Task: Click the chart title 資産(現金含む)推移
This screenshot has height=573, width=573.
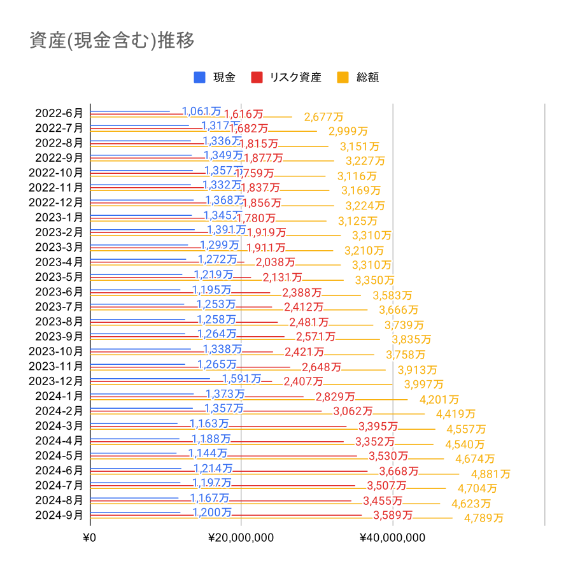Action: [112, 40]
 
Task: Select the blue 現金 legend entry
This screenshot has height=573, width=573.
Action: [215, 78]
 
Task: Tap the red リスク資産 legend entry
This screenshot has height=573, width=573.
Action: [286, 78]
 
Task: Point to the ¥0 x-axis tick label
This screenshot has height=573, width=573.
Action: [90, 538]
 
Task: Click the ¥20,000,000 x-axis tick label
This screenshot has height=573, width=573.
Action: [241, 538]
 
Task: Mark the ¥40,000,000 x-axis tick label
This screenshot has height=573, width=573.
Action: [393, 538]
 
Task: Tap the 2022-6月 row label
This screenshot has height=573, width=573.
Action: [59, 113]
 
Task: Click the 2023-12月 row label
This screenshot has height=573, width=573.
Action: [57, 381]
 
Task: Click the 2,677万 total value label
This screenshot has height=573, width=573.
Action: [323, 117]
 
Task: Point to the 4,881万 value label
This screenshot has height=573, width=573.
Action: [490, 474]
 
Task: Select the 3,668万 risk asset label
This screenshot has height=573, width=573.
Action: [399, 471]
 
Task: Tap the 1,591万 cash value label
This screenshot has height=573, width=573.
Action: [241, 379]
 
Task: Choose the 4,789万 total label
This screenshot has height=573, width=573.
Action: [484, 518]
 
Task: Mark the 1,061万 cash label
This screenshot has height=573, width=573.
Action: [202, 112]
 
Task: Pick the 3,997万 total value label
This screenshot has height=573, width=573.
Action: [423, 385]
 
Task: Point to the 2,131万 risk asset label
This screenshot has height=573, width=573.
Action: [282, 278]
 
